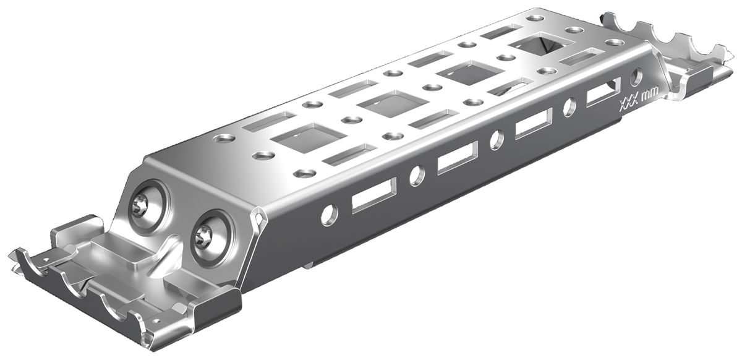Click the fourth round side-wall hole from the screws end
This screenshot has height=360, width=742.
569,106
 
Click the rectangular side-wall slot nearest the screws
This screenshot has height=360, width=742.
373,195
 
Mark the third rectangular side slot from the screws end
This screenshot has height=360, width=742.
534,122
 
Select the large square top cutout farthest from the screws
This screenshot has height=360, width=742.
536,46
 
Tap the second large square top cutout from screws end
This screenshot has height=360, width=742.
384,103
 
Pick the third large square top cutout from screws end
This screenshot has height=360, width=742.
464,74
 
